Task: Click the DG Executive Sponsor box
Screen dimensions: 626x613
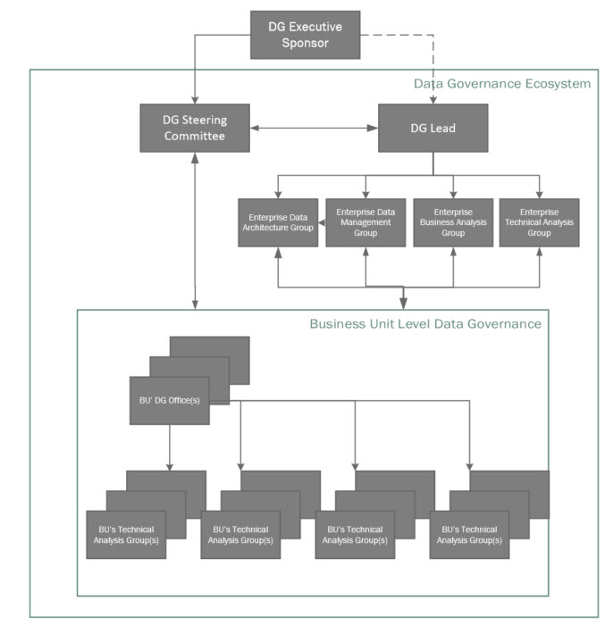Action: (x=305, y=36)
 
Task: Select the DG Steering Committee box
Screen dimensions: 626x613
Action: (x=194, y=128)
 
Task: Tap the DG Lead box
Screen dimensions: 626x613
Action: (x=433, y=128)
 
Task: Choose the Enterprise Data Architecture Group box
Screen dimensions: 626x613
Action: (x=277, y=222)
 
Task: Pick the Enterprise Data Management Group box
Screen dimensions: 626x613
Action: (x=365, y=222)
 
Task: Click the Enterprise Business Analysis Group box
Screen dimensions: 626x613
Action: (x=452, y=222)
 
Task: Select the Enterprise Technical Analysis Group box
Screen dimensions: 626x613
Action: (x=539, y=222)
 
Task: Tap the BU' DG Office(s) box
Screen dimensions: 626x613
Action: (x=169, y=400)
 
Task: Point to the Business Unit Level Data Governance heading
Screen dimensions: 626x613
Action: (x=424, y=323)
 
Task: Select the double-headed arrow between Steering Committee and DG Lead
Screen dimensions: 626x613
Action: (x=314, y=129)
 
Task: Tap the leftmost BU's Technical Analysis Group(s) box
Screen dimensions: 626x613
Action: (x=126, y=534)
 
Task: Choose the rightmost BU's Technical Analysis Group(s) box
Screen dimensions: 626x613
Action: (x=469, y=534)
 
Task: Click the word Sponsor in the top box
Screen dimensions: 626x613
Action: (x=305, y=44)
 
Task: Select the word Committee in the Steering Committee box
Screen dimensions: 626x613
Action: (x=194, y=137)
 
